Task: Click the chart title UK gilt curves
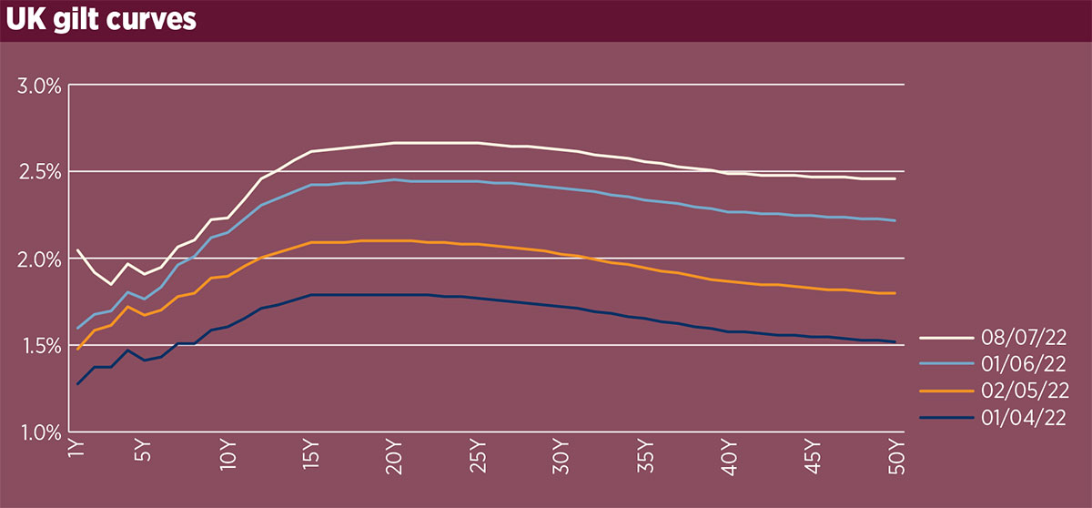pos(101,20)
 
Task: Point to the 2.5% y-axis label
pos(38,172)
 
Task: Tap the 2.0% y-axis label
pos(38,259)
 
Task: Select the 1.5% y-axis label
pos(38,345)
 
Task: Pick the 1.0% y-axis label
pos(38,432)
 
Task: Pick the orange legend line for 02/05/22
pos(943,391)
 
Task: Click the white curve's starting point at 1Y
pos(77,249)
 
